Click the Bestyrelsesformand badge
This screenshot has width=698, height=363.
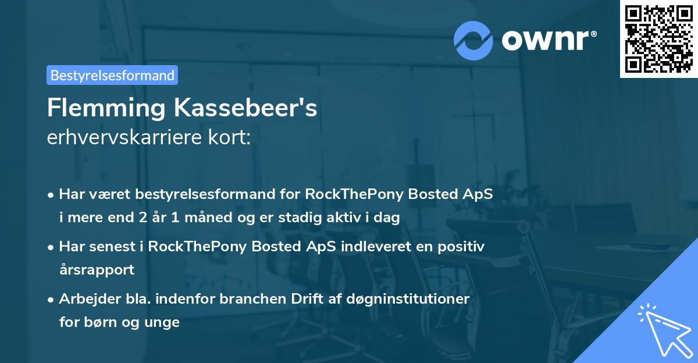(x=112, y=75)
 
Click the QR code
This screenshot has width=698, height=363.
(x=658, y=38)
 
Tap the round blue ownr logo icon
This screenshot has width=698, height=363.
(x=473, y=40)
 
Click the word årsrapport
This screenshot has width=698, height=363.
(x=97, y=270)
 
